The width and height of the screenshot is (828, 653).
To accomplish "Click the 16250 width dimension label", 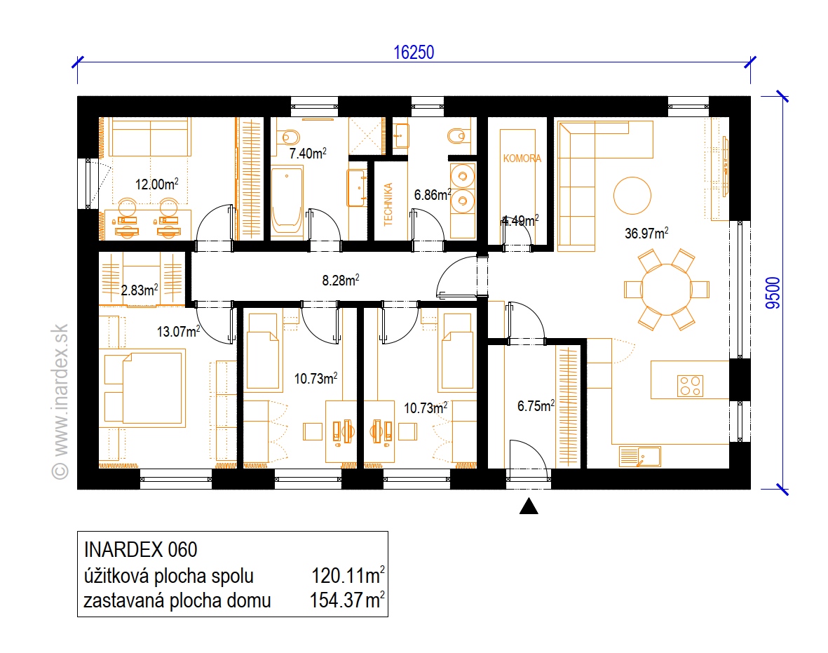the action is [414, 53].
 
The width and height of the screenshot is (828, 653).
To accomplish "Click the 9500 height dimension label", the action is [773, 293].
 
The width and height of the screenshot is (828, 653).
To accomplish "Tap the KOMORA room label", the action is [522, 159].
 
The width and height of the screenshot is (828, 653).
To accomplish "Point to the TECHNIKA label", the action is [388, 205].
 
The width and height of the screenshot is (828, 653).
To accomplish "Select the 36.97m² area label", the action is [646, 233].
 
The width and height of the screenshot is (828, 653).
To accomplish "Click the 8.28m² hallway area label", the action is [341, 280].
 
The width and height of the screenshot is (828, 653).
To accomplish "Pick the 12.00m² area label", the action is [157, 184].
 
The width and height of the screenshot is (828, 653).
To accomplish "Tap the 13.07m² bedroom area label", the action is [179, 331].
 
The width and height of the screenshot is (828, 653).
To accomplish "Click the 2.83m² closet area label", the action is [140, 290].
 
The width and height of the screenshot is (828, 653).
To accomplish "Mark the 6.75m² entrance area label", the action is [536, 405].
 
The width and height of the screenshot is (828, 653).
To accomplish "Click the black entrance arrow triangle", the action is [529, 506].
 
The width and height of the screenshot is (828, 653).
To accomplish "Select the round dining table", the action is [667, 290].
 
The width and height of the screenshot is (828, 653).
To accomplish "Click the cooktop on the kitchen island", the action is [690, 386].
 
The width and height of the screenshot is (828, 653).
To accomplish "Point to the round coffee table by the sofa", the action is [632, 196].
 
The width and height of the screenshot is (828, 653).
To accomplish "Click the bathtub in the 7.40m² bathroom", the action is [287, 201].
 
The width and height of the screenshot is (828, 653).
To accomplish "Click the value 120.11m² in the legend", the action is [348, 575].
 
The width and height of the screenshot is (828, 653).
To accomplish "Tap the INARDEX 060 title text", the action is [140, 550].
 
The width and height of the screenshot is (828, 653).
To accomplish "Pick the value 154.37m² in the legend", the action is [347, 600].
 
